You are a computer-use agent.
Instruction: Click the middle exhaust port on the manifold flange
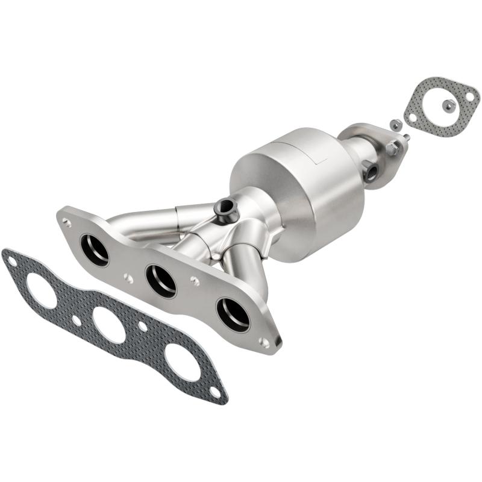[x=161, y=280]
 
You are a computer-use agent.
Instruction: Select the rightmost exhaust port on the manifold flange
[x=233, y=314]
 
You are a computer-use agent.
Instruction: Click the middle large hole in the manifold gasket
[x=109, y=325]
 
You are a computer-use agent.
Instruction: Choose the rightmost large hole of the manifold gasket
[x=183, y=361]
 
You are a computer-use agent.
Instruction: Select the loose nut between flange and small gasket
[x=395, y=125]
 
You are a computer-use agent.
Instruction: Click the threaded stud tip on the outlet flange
[x=407, y=138]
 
